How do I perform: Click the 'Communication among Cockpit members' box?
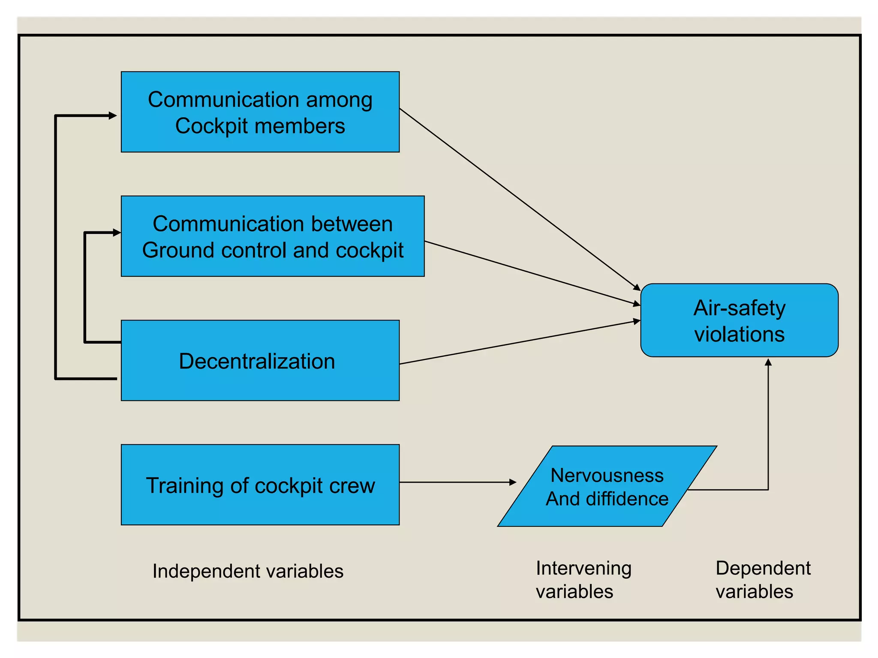click(x=260, y=112)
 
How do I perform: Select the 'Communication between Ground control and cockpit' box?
click(x=273, y=236)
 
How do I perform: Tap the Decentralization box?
click(x=260, y=360)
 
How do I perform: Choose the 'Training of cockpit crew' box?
click(x=260, y=485)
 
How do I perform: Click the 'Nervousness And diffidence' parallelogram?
click(x=607, y=486)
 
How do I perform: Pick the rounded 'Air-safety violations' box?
click(x=739, y=320)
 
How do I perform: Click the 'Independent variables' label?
click(x=248, y=571)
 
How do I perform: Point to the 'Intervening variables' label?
click(x=583, y=580)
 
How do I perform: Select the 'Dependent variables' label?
click(x=763, y=580)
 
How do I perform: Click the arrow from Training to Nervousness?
click(x=457, y=482)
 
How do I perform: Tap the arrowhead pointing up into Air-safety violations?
click(x=768, y=363)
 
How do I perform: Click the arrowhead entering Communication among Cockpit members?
click(x=113, y=116)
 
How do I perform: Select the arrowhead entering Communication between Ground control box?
click(x=117, y=233)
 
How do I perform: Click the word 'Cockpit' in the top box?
click(x=211, y=126)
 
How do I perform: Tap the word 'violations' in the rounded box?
click(x=739, y=334)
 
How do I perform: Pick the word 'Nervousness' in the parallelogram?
click(x=607, y=475)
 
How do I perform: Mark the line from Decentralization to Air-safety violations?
click(x=519, y=342)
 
